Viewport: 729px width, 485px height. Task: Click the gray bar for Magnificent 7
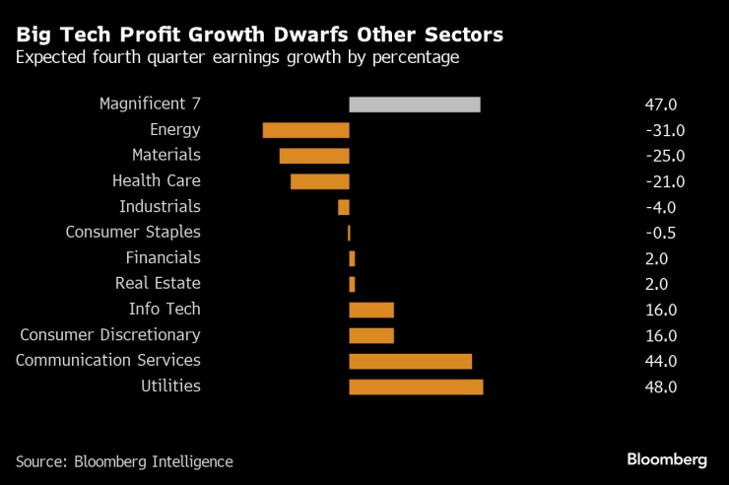pos(415,104)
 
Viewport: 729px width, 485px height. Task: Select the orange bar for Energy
pos(305,130)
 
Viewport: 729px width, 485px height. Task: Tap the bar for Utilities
pos(416,386)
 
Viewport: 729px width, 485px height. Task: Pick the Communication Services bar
pos(410,361)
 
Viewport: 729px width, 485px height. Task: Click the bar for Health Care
pos(319,181)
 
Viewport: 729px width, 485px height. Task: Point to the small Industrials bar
pos(344,207)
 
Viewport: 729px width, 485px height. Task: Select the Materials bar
pos(314,156)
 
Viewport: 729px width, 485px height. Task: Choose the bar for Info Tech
pos(371,310)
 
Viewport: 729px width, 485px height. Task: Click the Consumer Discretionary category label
pos(110,335)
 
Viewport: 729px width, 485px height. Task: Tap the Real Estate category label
pos(158,284)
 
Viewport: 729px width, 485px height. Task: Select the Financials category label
pos(163,258)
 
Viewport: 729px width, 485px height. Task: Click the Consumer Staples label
pos(133,233)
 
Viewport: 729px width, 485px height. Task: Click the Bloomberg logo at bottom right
pos(667,459)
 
